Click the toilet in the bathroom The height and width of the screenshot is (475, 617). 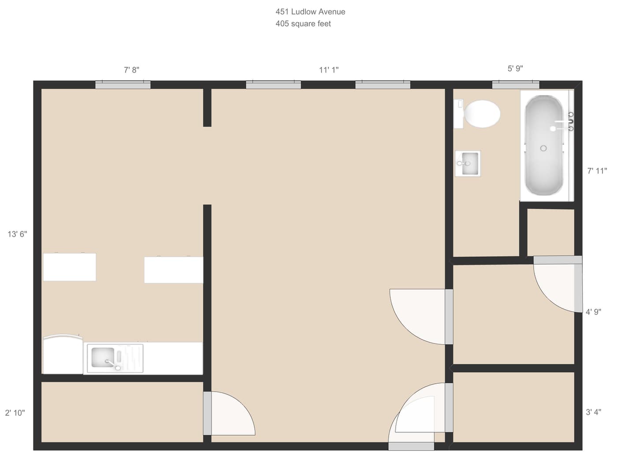click(482, 114)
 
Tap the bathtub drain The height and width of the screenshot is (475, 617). click(543, 148)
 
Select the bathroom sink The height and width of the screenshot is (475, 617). click(468, 164)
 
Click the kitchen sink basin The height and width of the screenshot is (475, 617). click(103, 358)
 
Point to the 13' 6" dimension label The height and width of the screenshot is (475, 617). click(17, 234)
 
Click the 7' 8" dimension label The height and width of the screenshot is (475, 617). click(131, 70)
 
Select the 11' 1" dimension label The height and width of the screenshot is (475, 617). click(329, 70)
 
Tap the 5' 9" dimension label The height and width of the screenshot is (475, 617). click(515, 68)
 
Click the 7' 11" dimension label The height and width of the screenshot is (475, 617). click(597, 171)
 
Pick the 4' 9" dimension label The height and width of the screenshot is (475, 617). click(593, 312)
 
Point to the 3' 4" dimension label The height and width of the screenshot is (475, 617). click(593, 412)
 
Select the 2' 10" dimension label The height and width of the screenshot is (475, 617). click(15, 413)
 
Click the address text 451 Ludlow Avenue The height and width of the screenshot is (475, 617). click(310, 12)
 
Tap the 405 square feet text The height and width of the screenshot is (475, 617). click(303, 24)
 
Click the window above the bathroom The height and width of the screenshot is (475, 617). click(516, 85)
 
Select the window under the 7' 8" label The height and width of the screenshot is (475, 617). click(123, 85)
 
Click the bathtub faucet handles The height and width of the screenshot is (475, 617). click(571, 122)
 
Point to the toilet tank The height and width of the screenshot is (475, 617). click(459, 114)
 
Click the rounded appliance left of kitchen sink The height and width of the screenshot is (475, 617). click(63, 355)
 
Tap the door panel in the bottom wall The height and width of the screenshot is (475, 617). click(411, 446)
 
